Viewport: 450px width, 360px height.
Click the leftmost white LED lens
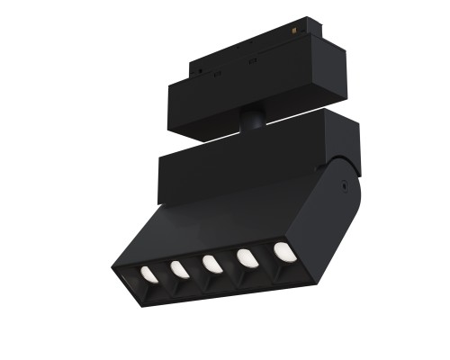[x=146, y=274]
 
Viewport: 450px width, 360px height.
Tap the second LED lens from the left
[x=176, y=269]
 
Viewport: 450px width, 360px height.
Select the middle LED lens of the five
[x=210, y=264]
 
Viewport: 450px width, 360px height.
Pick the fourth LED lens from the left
[x=245, y=257]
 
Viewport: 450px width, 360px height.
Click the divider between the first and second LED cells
[x=162, y=273]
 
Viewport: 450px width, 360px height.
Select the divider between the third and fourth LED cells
[x=228, y=262]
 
